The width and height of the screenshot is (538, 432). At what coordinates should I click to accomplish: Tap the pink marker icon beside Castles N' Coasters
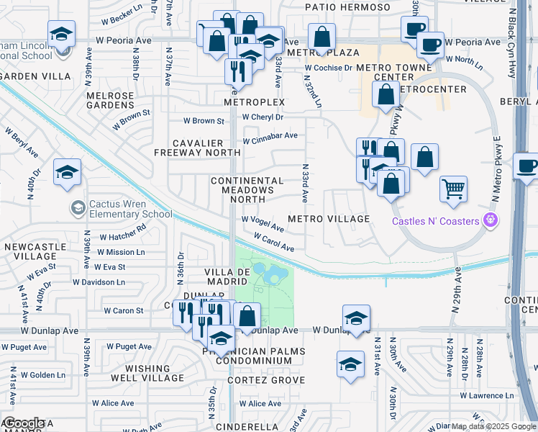coord(491,220)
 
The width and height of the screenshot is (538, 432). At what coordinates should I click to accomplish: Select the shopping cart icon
coord(453,189)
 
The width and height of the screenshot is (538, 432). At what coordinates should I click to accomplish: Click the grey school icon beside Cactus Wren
coord(78,208)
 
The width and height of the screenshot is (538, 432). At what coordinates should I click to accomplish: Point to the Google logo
coord(23,423)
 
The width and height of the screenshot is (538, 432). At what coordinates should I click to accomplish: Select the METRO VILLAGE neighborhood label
coord(329,219)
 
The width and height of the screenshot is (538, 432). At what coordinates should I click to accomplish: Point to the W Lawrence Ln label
coord(487,395)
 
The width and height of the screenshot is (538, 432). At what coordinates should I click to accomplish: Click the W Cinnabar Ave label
coord(270,136)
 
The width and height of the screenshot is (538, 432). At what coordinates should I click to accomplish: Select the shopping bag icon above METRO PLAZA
coord(322,35)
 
